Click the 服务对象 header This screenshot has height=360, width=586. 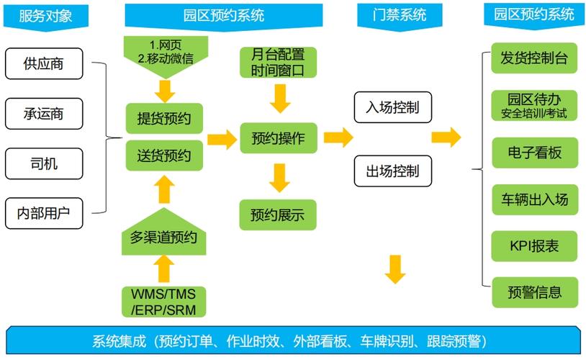point(45,15)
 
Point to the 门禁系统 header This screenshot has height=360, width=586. point(400,15)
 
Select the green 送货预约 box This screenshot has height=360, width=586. point(164,155)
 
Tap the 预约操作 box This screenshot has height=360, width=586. point(278,138)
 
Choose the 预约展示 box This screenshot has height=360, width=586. point(278,215)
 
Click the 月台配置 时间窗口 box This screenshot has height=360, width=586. point(278,63)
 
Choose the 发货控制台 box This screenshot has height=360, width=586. point(534,59)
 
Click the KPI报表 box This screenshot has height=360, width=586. point(534,246)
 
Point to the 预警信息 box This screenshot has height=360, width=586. point(534,293)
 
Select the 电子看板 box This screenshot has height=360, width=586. point(534,153)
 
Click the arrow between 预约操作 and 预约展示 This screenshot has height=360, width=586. point(278,176)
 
